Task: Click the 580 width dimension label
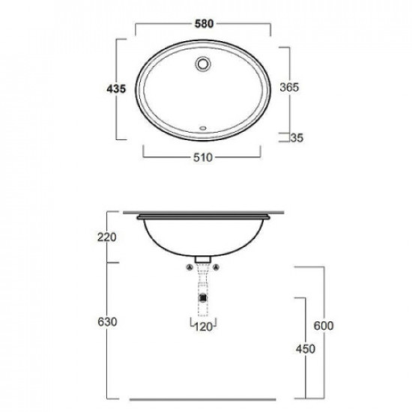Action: [204, 24]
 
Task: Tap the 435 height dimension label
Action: [116, 89]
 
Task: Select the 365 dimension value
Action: [289, 88]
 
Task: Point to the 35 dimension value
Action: [297, 138]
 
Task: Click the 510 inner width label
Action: [203, 157]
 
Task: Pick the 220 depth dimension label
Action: [107, 237]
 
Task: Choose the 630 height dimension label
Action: [107, 322]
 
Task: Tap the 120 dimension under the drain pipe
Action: [203, 327]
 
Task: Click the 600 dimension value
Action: [324, 326]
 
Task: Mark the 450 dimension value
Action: [306, 349]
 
